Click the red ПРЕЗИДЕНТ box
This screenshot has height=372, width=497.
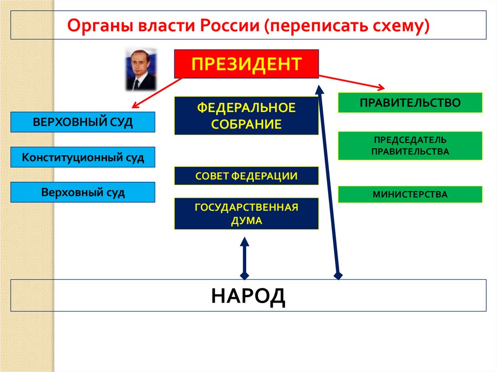click(x=246, y=64)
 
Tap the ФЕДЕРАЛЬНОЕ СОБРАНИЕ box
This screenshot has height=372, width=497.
click(x=246, y=115)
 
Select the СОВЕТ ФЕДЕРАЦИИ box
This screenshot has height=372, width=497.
click(x=246, y=176)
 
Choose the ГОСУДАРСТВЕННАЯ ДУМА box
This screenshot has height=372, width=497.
click(x=246, y=213)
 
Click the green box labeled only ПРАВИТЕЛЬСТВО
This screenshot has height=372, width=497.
click(x=410, y=102)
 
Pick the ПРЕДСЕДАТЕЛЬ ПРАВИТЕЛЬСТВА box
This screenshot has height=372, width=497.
click(x=410, y=146)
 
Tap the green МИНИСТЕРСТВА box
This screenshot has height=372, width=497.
click(x=410, y=194)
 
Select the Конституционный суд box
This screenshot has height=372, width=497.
click(x=83, y=157)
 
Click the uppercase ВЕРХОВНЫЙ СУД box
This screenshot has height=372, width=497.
click(x=83, y=122)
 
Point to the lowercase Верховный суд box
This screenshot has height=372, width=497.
click(x=83, y=192)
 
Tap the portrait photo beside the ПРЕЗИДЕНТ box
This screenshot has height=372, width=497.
click(x=140, y=68)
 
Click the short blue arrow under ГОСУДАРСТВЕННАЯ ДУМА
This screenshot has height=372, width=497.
click(x=245, y=258)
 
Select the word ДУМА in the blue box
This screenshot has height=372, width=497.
click(x=246, y=220)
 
